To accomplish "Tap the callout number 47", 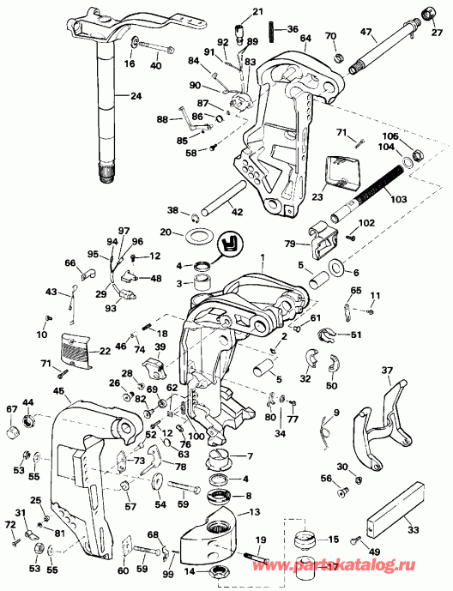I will [366, 32].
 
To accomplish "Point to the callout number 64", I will [305, 38].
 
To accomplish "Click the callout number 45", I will [58, 391].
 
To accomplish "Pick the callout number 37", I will [387, 371].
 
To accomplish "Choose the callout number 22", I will [105, 351].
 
